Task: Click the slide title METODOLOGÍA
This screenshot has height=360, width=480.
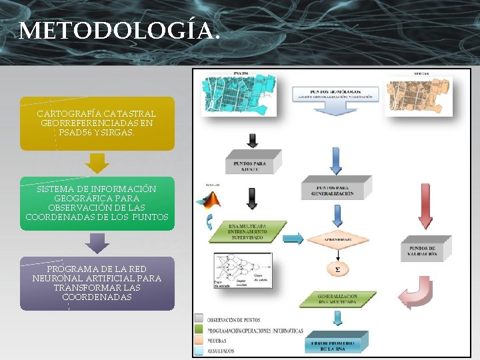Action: pos(119,31)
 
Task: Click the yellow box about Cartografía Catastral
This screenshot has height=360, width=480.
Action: pos(97,123)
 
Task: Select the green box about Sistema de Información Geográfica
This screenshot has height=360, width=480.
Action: pos(97,203)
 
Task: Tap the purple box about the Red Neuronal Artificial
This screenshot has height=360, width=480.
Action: pos(97,283)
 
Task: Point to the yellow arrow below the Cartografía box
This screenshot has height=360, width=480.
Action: pos(98,163)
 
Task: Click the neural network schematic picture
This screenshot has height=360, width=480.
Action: pos(241,271)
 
